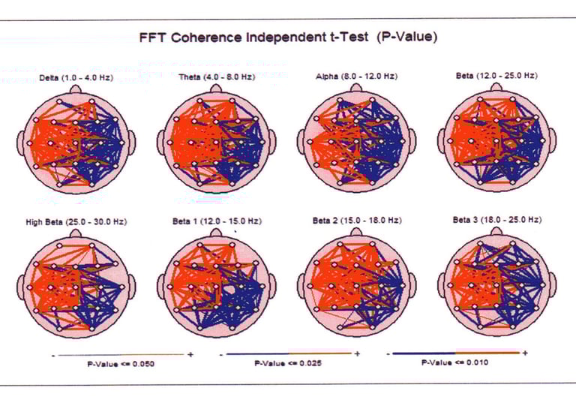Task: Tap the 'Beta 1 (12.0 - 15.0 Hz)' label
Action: (x=217, y=221)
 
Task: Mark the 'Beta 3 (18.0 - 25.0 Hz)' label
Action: (x=496, y=221)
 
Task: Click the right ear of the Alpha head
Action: (x=413, y=141)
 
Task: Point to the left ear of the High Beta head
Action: (x=21, y=286)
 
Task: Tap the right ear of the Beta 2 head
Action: (x=413, y=286)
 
